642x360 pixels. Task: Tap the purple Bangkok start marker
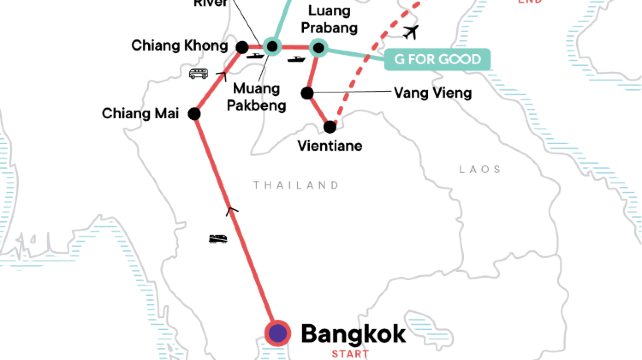[277, 333]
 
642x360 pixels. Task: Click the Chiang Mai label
[140, 113]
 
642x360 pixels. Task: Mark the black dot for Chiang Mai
[194, 114]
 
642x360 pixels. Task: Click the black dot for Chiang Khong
[241, 47]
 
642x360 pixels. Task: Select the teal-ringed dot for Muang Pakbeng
[271, 46]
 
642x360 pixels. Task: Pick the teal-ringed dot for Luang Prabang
[319, 47]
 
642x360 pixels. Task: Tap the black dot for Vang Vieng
[307, 94]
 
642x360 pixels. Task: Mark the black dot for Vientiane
[330, 126]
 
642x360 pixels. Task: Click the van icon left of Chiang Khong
[199, 73]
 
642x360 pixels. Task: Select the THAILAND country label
[296, 185]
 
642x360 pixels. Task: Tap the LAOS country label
[480, 170]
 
